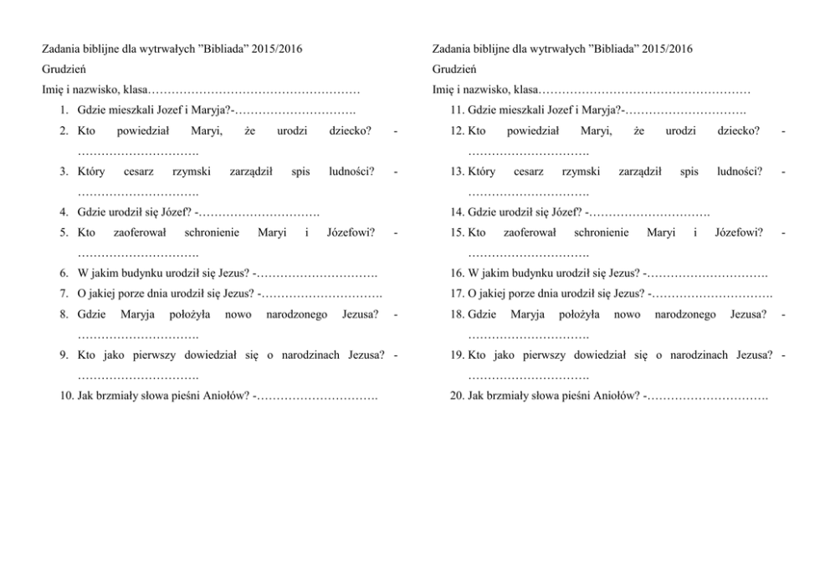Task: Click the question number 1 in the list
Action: coord(64,110)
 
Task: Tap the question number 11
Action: coord(456,110)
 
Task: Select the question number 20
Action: coord(456,395)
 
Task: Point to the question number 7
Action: coord(64,293)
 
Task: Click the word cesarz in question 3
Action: coord(138,171)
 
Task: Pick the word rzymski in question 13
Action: coord(581,171)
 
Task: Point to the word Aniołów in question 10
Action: coord(224,395)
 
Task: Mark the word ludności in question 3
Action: coord(351,171)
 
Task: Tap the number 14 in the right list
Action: coord(456,212)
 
